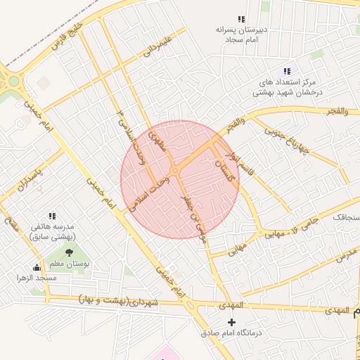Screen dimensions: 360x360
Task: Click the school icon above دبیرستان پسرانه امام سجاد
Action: (x=241, y=20)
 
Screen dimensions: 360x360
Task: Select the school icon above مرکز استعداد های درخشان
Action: (x=286, y=72)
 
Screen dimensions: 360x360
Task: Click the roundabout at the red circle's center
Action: (x=174, y=171)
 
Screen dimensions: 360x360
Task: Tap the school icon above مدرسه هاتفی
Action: (x=51, y=216)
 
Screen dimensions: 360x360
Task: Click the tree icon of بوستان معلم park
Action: (x=68, y=252)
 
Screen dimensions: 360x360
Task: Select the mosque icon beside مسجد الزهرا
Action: (x=37, y=267)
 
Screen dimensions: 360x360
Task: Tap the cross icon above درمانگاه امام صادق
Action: (x=232, y=322)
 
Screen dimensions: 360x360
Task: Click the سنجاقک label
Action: (x=345, y=218)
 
